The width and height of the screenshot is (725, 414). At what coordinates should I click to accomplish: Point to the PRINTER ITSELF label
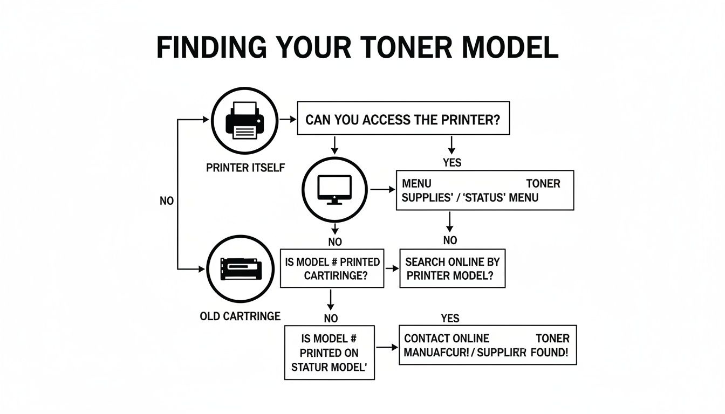pyautogui.click(x=245, y=168)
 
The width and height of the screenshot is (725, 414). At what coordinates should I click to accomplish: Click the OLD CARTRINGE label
pyautogui.click(x=240, y=316)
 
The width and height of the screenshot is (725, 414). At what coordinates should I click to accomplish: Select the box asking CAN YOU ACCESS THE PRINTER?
pyautogui.click(x=403, y=119)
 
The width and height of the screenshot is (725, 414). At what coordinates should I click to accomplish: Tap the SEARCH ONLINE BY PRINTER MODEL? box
pyautogui.click(x=452, y=268)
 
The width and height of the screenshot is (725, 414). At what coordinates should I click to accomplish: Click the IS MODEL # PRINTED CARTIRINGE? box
pyautogui.click(x=332, y=268)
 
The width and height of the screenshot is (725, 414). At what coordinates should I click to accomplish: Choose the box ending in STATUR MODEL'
pyautogui.click(x=329, y=353)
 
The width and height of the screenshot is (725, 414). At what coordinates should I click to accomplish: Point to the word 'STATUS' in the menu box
pyautogui.click(x=482, y=197)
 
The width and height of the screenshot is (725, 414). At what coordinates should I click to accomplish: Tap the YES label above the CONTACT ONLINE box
pyautogui.click(x=449, y=318)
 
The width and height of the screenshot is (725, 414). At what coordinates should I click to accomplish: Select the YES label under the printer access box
pyautogui.click(x=452, y=162)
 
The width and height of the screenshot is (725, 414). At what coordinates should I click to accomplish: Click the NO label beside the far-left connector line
pyautogui.click(x=167, y=201)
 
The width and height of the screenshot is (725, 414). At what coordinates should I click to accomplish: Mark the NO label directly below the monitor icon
pyautogui.click(x=334, y=241)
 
